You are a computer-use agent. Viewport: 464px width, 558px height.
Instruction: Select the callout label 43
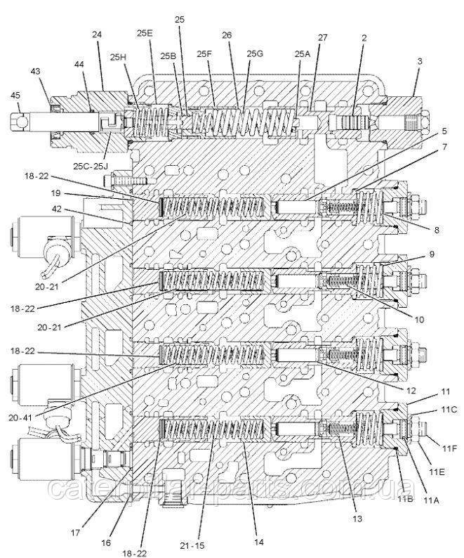[x=36, y=71]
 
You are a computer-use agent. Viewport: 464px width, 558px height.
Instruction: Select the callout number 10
[x=418, y=318]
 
